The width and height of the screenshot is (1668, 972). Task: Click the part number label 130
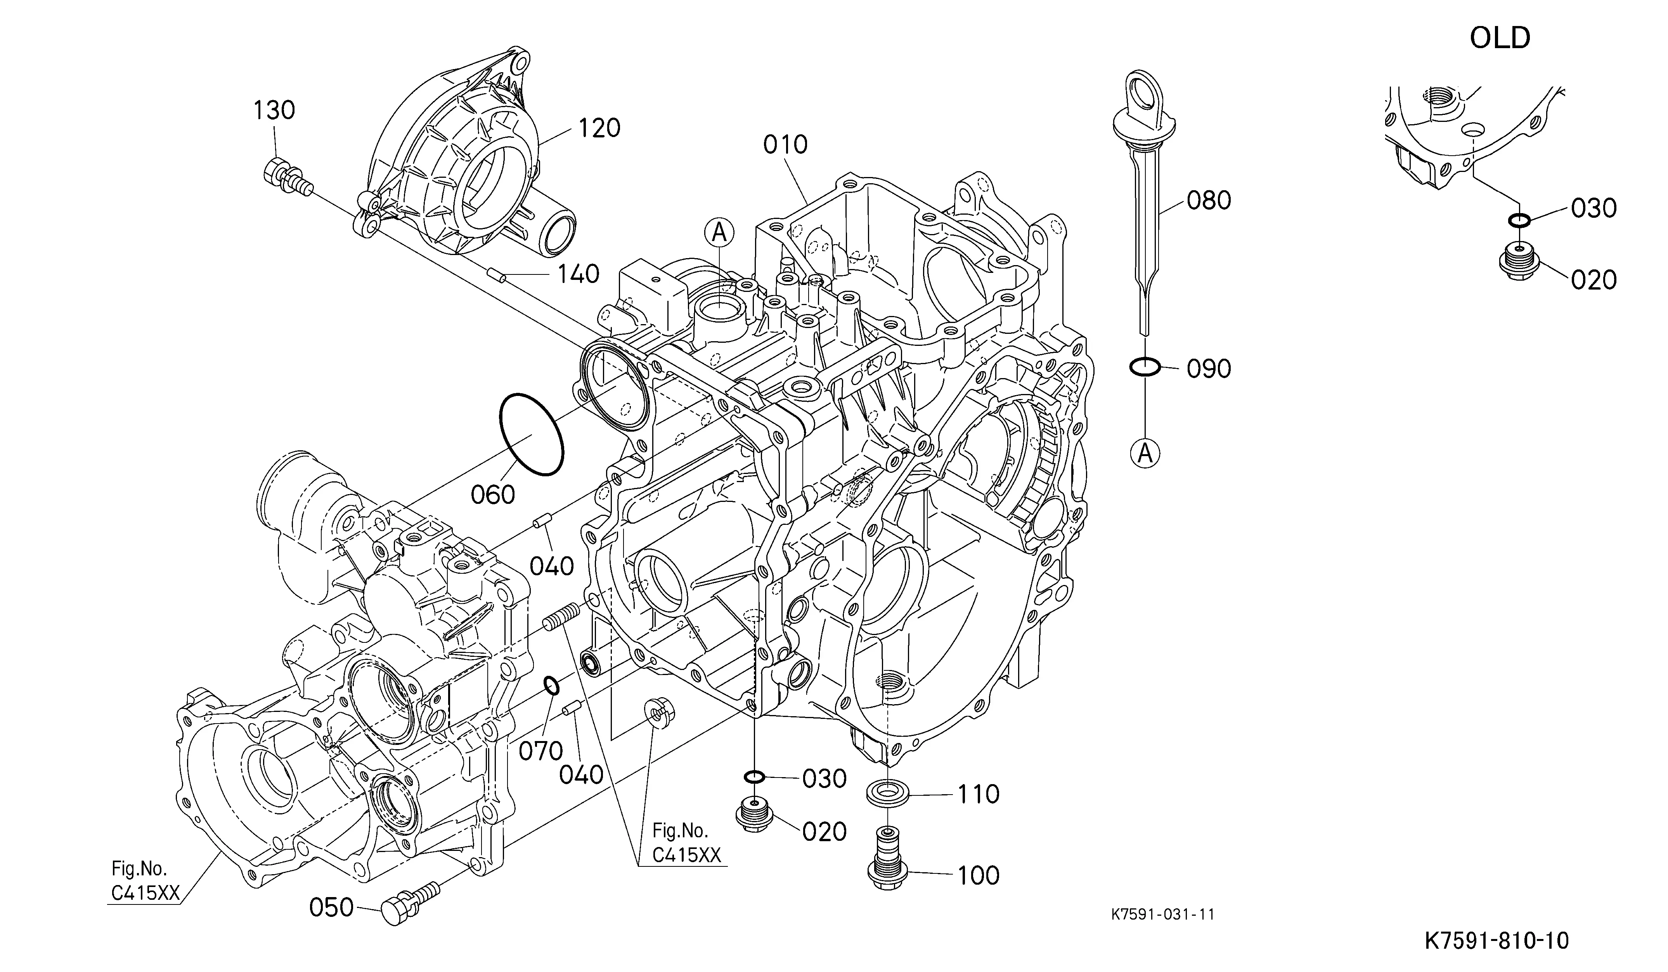pyautogui.click(x=274, y=110)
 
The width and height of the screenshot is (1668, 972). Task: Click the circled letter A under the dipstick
pyautogui.click(x=1145, y=453)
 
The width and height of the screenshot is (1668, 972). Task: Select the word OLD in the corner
pyautogui.click(x=1500, y=38)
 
